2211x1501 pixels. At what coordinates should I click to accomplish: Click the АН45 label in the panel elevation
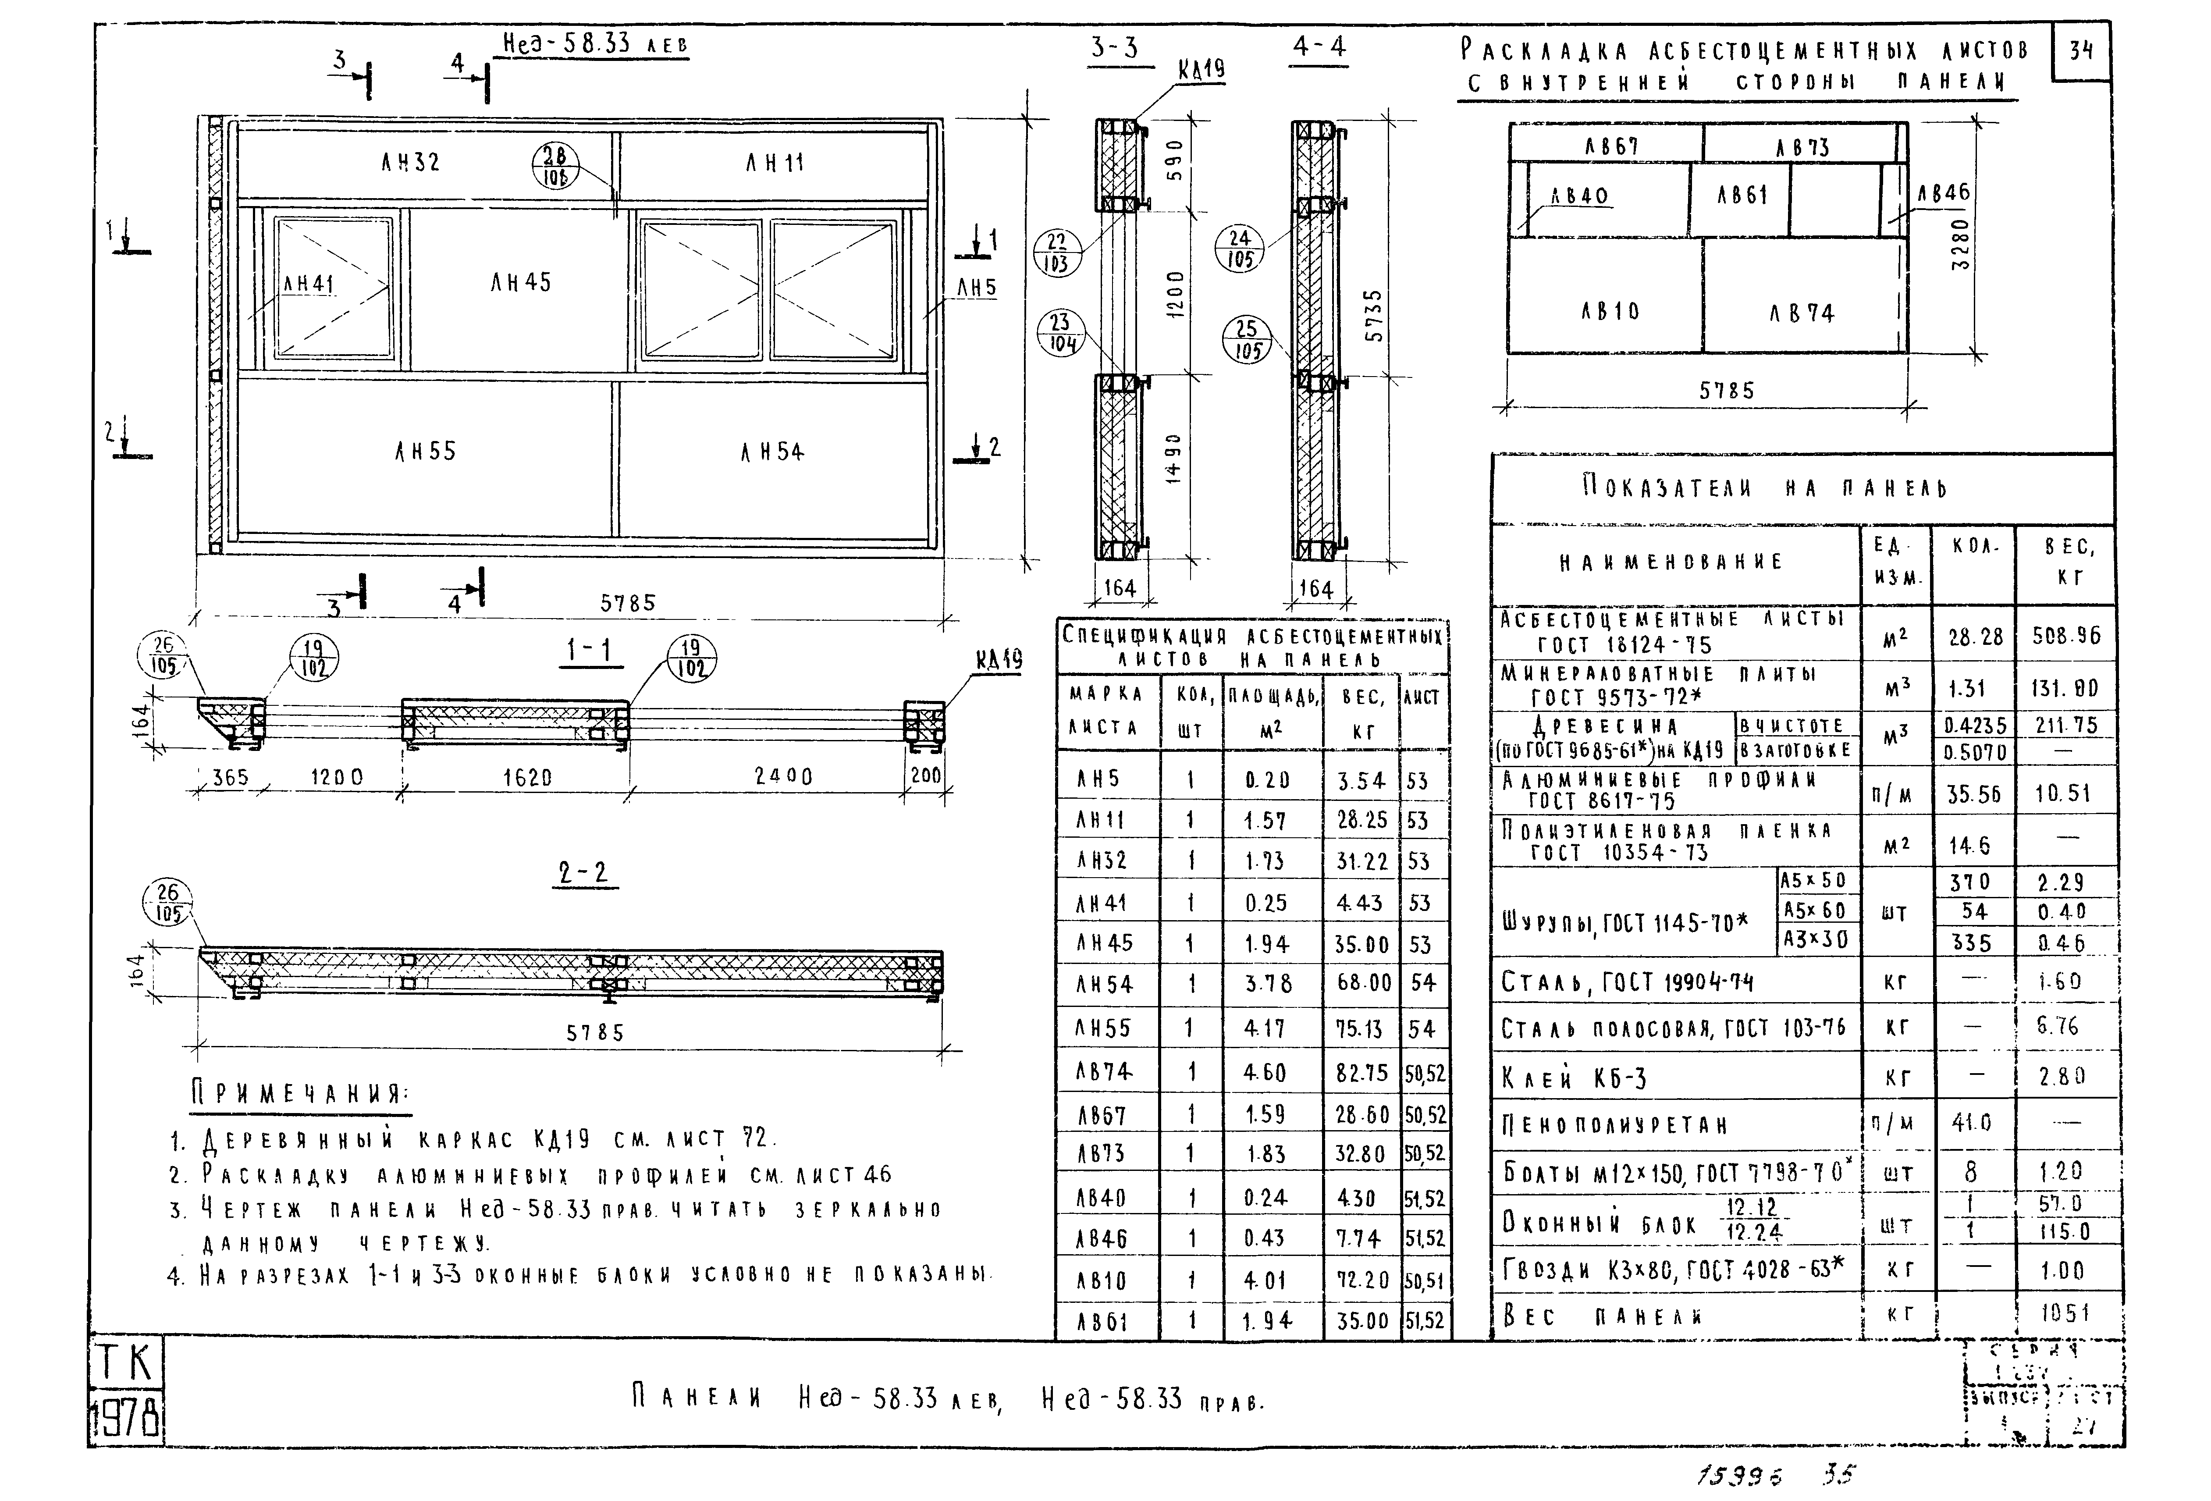click(520, 282)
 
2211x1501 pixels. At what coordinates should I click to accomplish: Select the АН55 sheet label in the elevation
click(425, 451)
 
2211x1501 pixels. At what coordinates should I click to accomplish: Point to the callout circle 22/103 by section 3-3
click(1057, 253)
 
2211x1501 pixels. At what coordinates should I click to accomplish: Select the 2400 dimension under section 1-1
click(783, 776)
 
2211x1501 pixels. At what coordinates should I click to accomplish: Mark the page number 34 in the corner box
click(2082, 50)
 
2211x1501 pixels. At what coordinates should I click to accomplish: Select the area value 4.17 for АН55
click(1265, 1028)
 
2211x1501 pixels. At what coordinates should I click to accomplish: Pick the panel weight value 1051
click(2065, 1314)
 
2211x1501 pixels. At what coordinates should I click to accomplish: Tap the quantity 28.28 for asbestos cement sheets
click(1975, 637)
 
